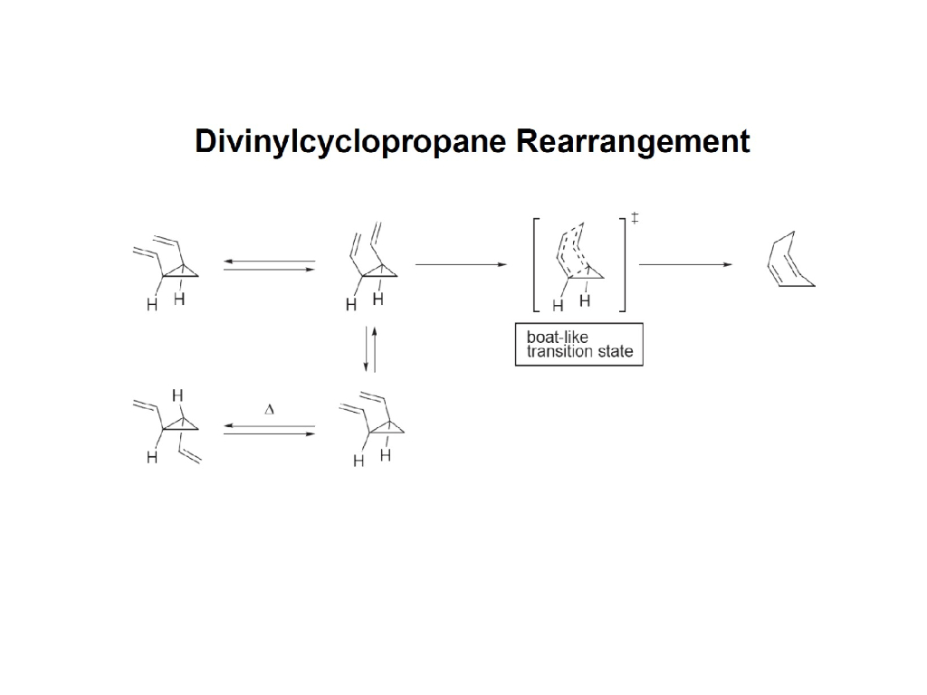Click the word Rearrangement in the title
coord(633,143)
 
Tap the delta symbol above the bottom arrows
coord(269,410)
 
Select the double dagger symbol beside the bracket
coord(636,218)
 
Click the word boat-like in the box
coord(558,337)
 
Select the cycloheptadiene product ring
coord(788,262)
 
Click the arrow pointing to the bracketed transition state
coord(461,264)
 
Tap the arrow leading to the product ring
coord(685,264)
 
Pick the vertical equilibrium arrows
coord(370,349)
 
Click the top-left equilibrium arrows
coord(269,265)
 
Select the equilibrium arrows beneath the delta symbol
coord(269,430)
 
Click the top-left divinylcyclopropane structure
coord(167,267)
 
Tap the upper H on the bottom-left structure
coord(177,395)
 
